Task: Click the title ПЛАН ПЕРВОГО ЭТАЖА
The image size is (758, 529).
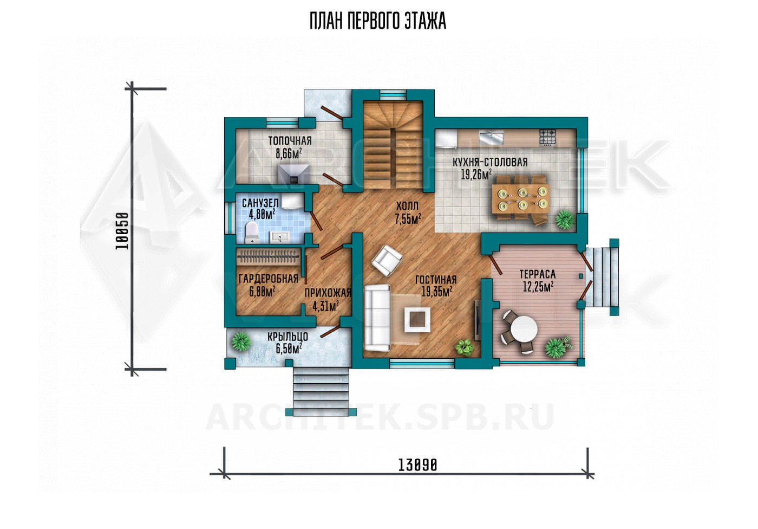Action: click(x=378, y=22)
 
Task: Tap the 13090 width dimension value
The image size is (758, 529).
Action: click(x=417, y=465)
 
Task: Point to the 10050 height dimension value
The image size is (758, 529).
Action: click(x=122, y=231)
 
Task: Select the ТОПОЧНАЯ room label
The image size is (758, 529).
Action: click(x=290, y=140)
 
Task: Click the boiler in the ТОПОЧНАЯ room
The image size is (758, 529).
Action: click(x=293, y=174)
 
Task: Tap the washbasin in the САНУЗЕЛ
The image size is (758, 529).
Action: click(x=279, y=236)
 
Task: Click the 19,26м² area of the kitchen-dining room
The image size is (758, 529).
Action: click(x=476, y=175)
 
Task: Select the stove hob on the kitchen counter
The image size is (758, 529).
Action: click(x=547, y=138)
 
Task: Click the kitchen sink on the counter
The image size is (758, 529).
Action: click(x=492, y=138)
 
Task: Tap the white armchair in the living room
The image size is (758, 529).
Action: click(x=387, y=260)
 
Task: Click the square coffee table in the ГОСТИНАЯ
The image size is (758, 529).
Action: click(x=417, y=319)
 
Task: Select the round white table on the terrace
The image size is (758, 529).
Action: click(x=524, y=329)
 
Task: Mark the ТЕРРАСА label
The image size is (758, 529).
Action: click(x=538, y=274)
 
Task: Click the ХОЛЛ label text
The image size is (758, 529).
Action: click(x=407, y=206)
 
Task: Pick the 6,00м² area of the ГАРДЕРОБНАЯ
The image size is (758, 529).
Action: click(x=262, y=292)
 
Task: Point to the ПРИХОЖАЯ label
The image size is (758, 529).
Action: click(x=328, y=293)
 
